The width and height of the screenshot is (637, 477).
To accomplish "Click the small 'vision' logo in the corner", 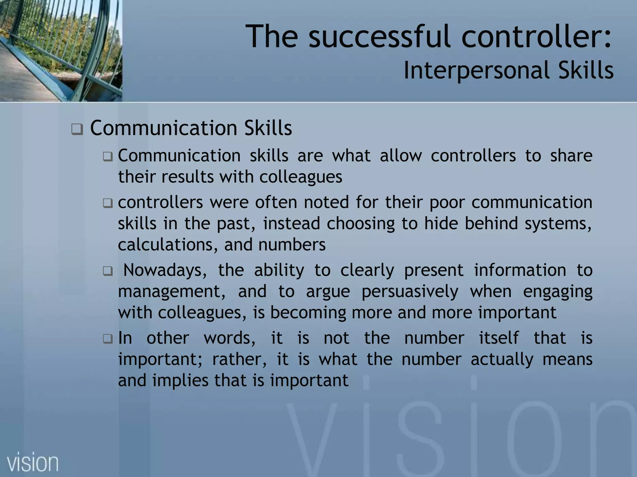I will [33, 463].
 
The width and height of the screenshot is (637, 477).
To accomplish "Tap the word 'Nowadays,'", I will [165, 270].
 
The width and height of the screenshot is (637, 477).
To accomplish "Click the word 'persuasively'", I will [410, 292].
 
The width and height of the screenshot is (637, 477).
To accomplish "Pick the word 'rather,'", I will [239, 359].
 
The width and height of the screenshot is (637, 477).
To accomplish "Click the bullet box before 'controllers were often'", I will [108, 203].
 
